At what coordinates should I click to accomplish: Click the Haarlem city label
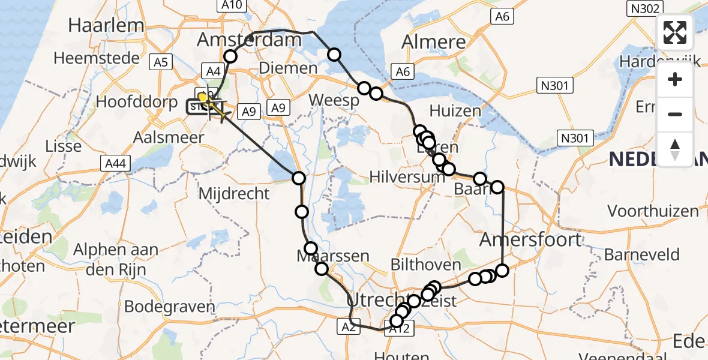tap(106, 25)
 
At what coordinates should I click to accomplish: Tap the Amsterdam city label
tap(249, 41)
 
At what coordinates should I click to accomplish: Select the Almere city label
tap(434, 41)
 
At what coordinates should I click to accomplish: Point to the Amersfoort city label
tap(530, 240)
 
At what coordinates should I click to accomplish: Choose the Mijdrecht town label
tap(233, 193)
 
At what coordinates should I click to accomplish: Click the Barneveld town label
tap(642, 254)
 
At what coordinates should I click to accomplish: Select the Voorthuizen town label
tap(653, 211)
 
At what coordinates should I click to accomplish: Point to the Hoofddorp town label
tap(135, 101)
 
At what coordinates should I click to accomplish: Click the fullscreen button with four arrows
tap(675, 32)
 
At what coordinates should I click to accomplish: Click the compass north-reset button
tap(675, 148)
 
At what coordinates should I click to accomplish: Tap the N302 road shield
tap(644, 8)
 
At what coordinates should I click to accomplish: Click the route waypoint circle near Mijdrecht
tap(298, 178)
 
